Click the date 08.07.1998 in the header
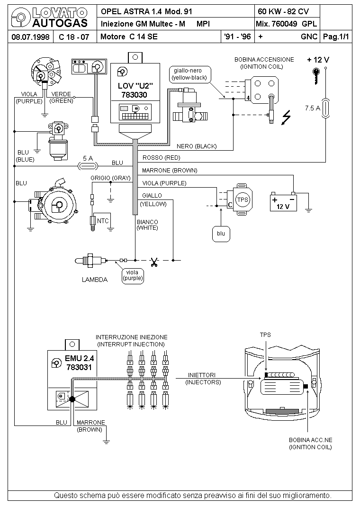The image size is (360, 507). [x=30, y=37]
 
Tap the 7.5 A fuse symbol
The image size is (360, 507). [x=325, y=108]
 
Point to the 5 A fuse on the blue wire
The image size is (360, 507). [x=88, y=166]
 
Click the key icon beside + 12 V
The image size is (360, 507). [x=316, y=76]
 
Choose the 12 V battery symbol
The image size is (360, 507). [x=283, y=202]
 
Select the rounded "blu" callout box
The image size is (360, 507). [x=221, y=234]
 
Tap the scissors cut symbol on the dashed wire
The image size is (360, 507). [x=154, y=262]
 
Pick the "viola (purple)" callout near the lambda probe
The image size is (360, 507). [x=133, y=275]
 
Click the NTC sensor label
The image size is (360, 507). [x=103, y=221]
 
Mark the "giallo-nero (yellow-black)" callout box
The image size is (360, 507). [x=190, y=74]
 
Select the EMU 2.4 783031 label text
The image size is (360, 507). [x=79, y=363]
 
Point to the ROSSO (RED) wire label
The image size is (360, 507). [x=161, y=158]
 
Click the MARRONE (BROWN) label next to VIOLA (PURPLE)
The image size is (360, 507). [x=169, y=171]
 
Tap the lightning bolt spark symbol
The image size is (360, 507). [x=286, y=117]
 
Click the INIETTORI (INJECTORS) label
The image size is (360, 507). [x=203, y=379]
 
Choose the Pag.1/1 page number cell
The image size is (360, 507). [x=336, y=37]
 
